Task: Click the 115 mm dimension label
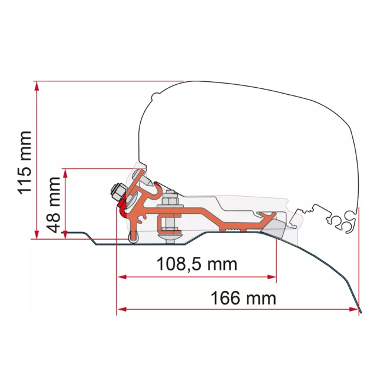point(25,163)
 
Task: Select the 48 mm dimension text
point(54,205)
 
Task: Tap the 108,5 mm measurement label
point(197,264)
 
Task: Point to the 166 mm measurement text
point(243,298)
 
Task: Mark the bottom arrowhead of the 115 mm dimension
point(37,234)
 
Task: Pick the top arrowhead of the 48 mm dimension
point(65,173)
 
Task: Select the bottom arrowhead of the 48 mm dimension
point(65,234)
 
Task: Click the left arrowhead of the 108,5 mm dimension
point(122,277)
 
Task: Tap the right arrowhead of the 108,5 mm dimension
point(272,277)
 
